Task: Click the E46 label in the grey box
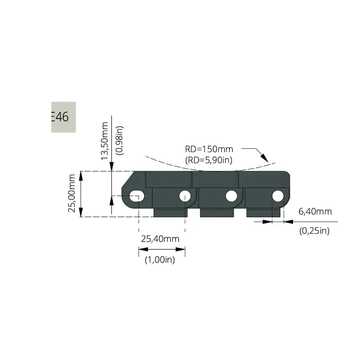click(x=60, y=117)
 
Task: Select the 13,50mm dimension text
click(x=105, y=141)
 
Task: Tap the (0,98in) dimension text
click(x=120, y=141)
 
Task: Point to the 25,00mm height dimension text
click(x=72, y=193)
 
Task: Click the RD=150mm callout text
click(x=209, y=149)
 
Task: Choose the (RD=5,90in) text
click(x=209, y=160)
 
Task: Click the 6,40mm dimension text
click(x=315, y=212)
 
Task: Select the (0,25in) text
click(x=314, y=230)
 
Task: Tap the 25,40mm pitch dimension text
click(x=160, y=239)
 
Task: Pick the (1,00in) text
click(x=160, y=260)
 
